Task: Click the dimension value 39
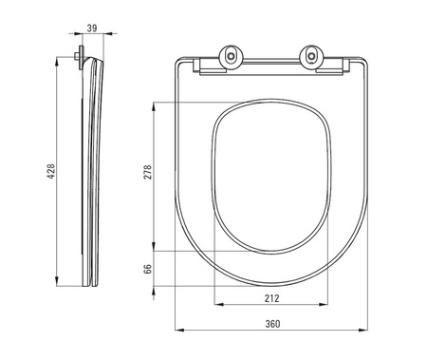point(92,28)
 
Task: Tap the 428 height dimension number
point(51,171)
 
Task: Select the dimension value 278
point(148,172)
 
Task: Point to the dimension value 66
point(148,269)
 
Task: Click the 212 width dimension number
point(272,298)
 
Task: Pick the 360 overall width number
point(272,324)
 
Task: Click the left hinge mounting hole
point(232,56)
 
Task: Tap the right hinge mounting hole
point(312,56)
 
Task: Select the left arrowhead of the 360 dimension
point(179,331)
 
